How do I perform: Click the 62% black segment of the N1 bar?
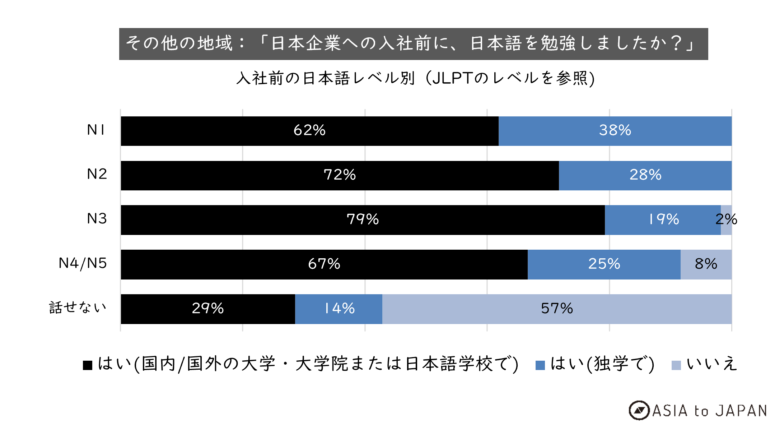pos(309,131)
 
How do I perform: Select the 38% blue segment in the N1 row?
pos(615,131)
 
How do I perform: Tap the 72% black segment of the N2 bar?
pos(340,175)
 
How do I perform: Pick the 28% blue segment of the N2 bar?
pos(645,175)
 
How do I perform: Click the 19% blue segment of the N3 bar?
pos(663,220)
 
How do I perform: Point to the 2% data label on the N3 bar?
pos(726,219)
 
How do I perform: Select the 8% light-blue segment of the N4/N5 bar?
pos(706,264)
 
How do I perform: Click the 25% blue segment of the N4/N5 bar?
pos(604,264)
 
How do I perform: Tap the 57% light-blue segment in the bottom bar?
pos(557,309)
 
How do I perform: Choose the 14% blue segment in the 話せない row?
pos(339,309)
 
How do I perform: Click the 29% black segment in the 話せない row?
pos(208,309)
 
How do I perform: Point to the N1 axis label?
pos(96,130)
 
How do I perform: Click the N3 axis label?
pos(97,218)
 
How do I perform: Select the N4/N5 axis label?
pos(83,263)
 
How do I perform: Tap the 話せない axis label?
pos(78,308)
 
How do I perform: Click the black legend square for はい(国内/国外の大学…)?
pos(88,365)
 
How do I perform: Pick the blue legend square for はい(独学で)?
pos(540,365)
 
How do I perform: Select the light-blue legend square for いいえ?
pos(676,365)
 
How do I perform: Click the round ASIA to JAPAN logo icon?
pos(639,410)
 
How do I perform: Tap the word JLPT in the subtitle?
pos(452,78)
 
